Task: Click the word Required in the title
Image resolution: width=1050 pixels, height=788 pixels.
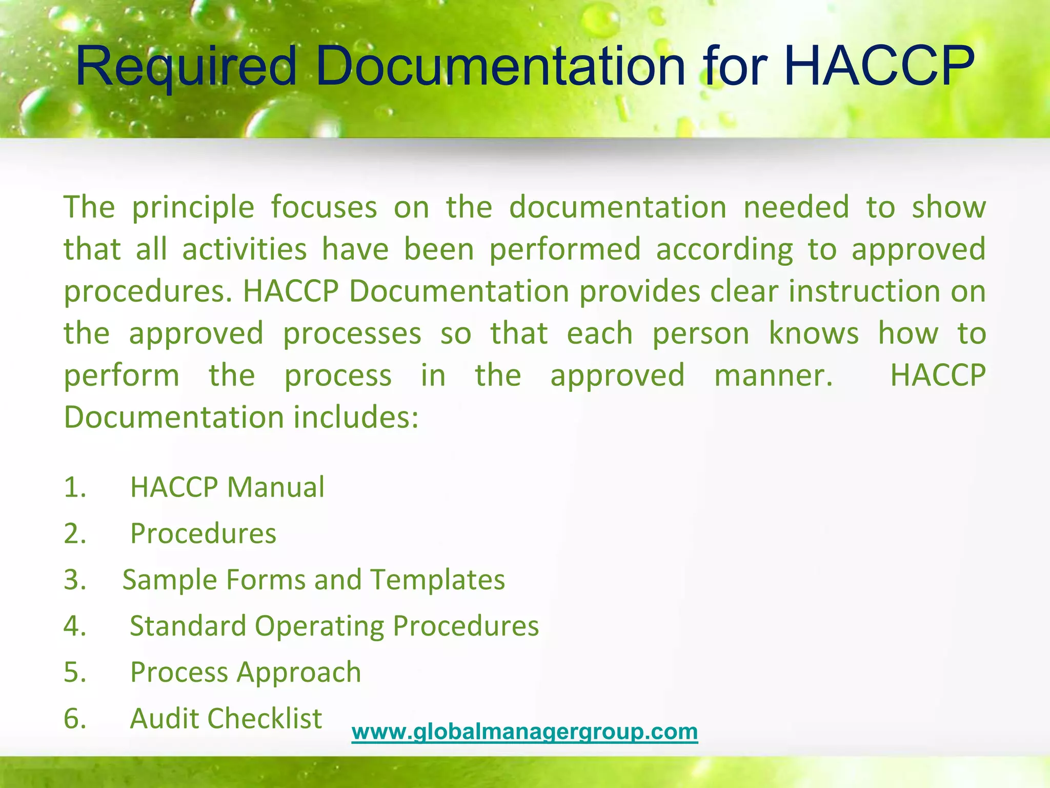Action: pos(186,67)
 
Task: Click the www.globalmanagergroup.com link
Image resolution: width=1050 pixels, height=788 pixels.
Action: pos(524,731)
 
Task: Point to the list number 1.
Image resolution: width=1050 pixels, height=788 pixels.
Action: pos(75,487)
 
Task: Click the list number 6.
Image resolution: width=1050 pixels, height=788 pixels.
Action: pos(75,718)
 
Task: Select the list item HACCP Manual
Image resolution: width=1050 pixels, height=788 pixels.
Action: pos(227,487)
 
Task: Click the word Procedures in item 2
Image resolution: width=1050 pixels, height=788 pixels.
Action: pos(203,534)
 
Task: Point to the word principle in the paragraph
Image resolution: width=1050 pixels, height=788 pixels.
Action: pos(193,208)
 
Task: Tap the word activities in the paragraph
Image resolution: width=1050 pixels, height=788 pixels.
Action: pos(245,249)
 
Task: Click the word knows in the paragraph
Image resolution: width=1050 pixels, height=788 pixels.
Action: pos(814,333)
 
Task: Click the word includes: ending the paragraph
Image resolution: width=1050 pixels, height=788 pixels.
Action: pos(356,417)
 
